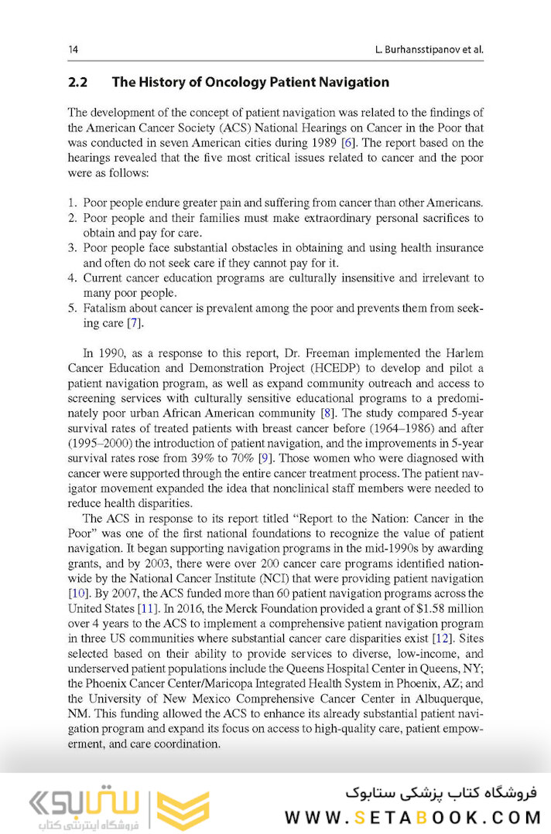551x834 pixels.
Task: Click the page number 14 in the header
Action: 73,49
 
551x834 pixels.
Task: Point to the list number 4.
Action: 72,278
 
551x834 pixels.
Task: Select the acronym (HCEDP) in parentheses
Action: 330,368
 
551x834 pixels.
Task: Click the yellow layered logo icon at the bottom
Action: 183,810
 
